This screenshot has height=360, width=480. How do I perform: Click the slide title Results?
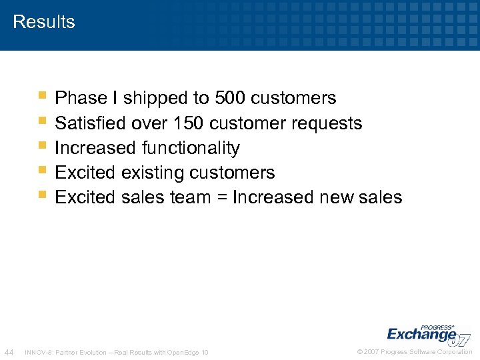[44, 21]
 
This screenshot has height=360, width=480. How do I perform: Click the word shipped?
[157, 99]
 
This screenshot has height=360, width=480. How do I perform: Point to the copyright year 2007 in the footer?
[372, 352]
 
